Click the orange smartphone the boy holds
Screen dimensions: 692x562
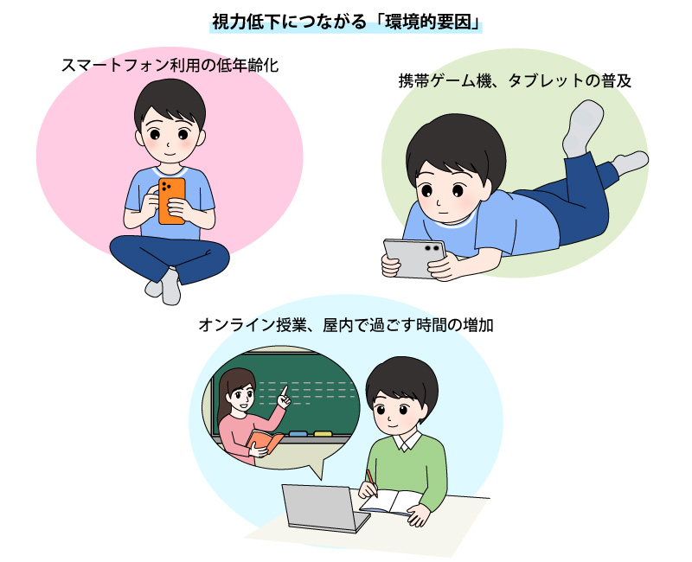click(x=171, y=201)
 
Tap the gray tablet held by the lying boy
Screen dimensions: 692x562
click(x=413, y=258)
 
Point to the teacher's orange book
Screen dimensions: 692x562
click(x=265, y=441)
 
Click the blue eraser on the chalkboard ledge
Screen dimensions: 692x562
click(x=298, y=434)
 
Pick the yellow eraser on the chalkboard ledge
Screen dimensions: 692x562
click(x=323, y=434)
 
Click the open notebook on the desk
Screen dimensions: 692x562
click(x=391, y=502)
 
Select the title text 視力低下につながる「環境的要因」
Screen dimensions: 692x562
click(x=346, y=22)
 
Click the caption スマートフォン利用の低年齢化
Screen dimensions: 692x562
click(x=170, y=66)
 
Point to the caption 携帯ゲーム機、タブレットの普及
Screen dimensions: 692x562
click(x=515, y=80)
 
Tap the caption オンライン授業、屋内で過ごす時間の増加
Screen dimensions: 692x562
click(x=345, y=325)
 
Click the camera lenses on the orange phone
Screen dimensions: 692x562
click(x=165, y=186)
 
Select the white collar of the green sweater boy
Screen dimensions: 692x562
click(x=407, y=441)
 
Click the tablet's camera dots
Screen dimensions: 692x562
click(x=431, y=248)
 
